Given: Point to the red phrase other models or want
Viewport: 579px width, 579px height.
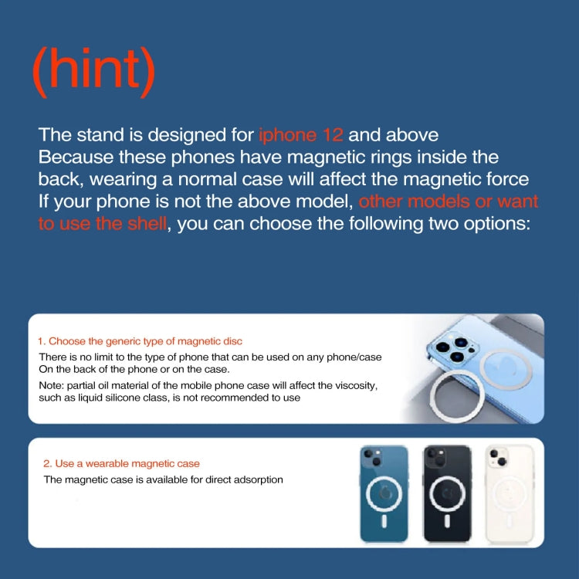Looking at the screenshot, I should point(449,202).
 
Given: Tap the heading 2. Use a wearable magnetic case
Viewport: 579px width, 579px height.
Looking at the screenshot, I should point(121,463).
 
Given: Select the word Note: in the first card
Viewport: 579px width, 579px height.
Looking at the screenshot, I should point(52,384).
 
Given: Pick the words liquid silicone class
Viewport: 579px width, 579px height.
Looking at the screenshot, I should point(116,398).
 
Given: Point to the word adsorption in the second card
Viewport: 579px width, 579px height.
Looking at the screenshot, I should point(256,479).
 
